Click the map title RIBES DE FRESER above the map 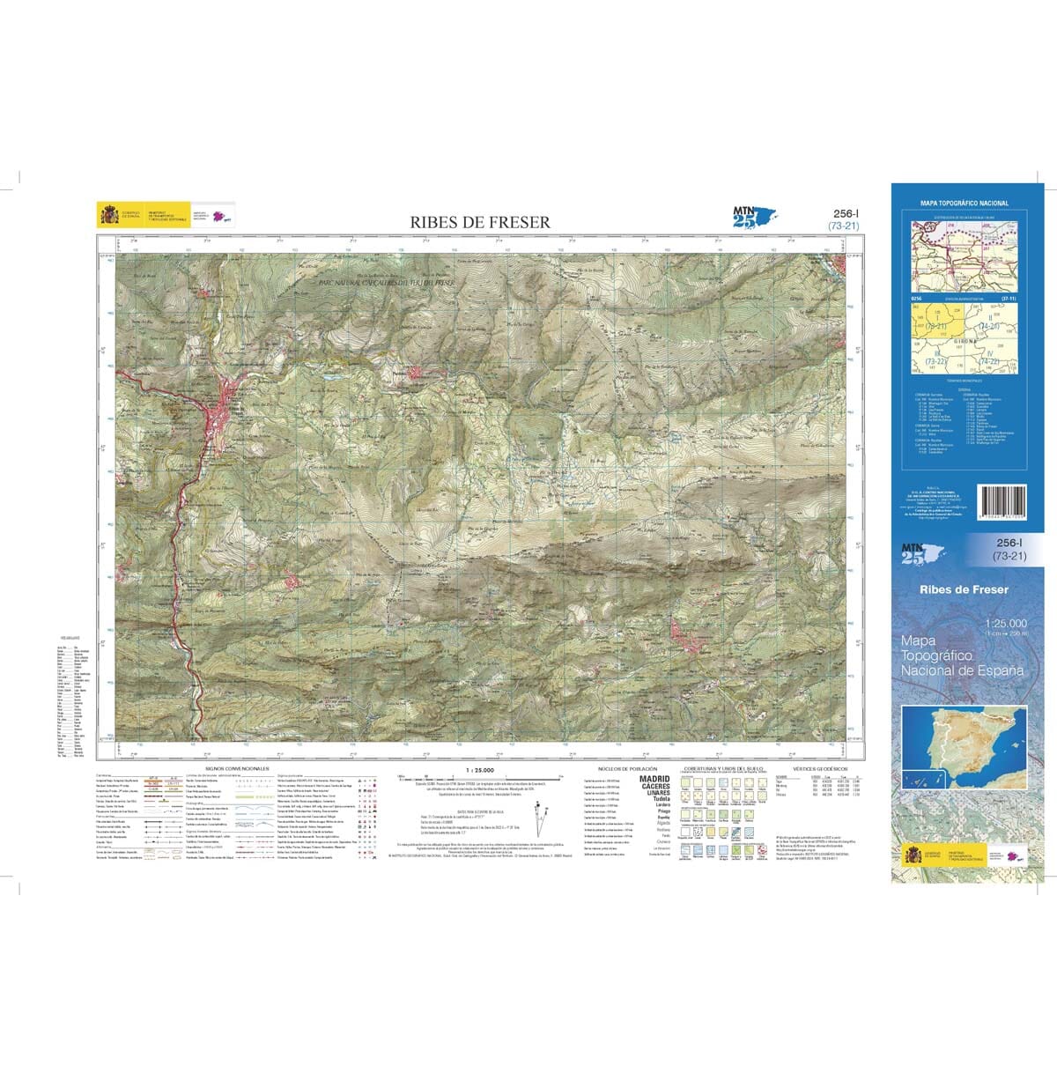(x=479, y=222)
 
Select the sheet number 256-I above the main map (x=846, y=213)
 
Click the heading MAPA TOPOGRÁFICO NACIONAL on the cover (x=964, y=204)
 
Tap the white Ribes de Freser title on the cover (x=964, y=589)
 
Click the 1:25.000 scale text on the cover (x=1005, y=623)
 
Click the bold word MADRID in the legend (x=654, y=779)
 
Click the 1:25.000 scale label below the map (x=480, y=769)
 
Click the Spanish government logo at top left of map (x=109, y=215)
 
